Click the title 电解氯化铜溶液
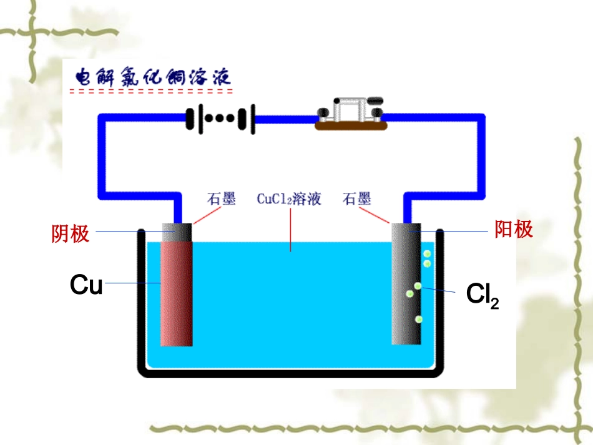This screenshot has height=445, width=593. click(152, 77)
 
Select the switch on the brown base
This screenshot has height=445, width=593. click(350, 110)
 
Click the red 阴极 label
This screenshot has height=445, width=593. click(70, 233)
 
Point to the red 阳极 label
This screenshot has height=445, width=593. click(514, 230)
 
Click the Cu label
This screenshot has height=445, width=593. click(86, 285)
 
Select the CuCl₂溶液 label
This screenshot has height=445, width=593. click(289, 200)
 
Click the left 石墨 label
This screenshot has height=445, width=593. click(221, 200)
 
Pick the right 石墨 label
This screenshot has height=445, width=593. click(356, 200)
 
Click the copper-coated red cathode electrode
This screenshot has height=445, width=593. click(176, 293)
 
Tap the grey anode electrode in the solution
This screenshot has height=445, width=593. click(406, 293)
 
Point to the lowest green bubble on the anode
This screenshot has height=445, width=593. click(419, 320)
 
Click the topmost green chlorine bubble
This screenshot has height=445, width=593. click(428, 254)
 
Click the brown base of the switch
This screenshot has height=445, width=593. click(351, 126)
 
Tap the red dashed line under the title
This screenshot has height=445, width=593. click(151, 92)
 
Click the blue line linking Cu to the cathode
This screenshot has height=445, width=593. click(132, 284)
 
